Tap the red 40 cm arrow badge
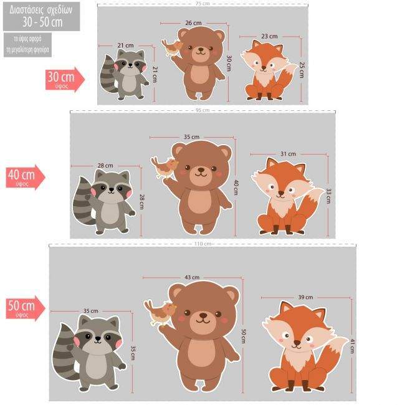click(26, 177)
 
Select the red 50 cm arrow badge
click(26, 308)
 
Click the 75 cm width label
click(202, 4)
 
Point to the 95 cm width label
click(202, 110)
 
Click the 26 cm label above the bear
click(193, 23)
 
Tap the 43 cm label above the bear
click(192, 277)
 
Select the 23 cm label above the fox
click(269, 36)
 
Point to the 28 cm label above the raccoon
click(105, 166)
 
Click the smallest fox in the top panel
click(269, 70)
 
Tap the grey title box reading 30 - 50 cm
click(40, 16)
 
